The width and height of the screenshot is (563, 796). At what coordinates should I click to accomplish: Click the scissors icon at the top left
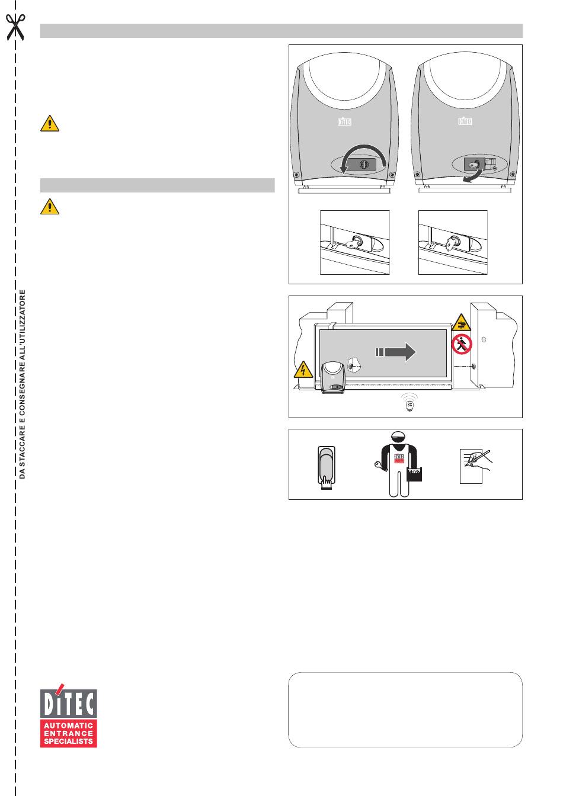tap(16, 26)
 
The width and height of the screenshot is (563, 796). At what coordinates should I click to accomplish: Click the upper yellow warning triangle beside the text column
tap(50, 123)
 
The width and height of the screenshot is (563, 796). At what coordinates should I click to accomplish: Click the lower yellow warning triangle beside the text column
tap(50, 206)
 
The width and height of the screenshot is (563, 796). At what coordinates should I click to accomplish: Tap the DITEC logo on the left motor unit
tap(344, 121)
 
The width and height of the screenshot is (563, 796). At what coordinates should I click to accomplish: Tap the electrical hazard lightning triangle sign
tap(303, 370)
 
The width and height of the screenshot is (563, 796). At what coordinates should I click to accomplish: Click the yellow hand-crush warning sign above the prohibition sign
tap(462, 322)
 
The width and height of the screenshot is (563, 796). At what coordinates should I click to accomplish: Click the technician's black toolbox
tap(415, 474)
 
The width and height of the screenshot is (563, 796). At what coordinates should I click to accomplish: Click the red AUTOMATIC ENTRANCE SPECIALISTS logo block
tap(69, 733)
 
